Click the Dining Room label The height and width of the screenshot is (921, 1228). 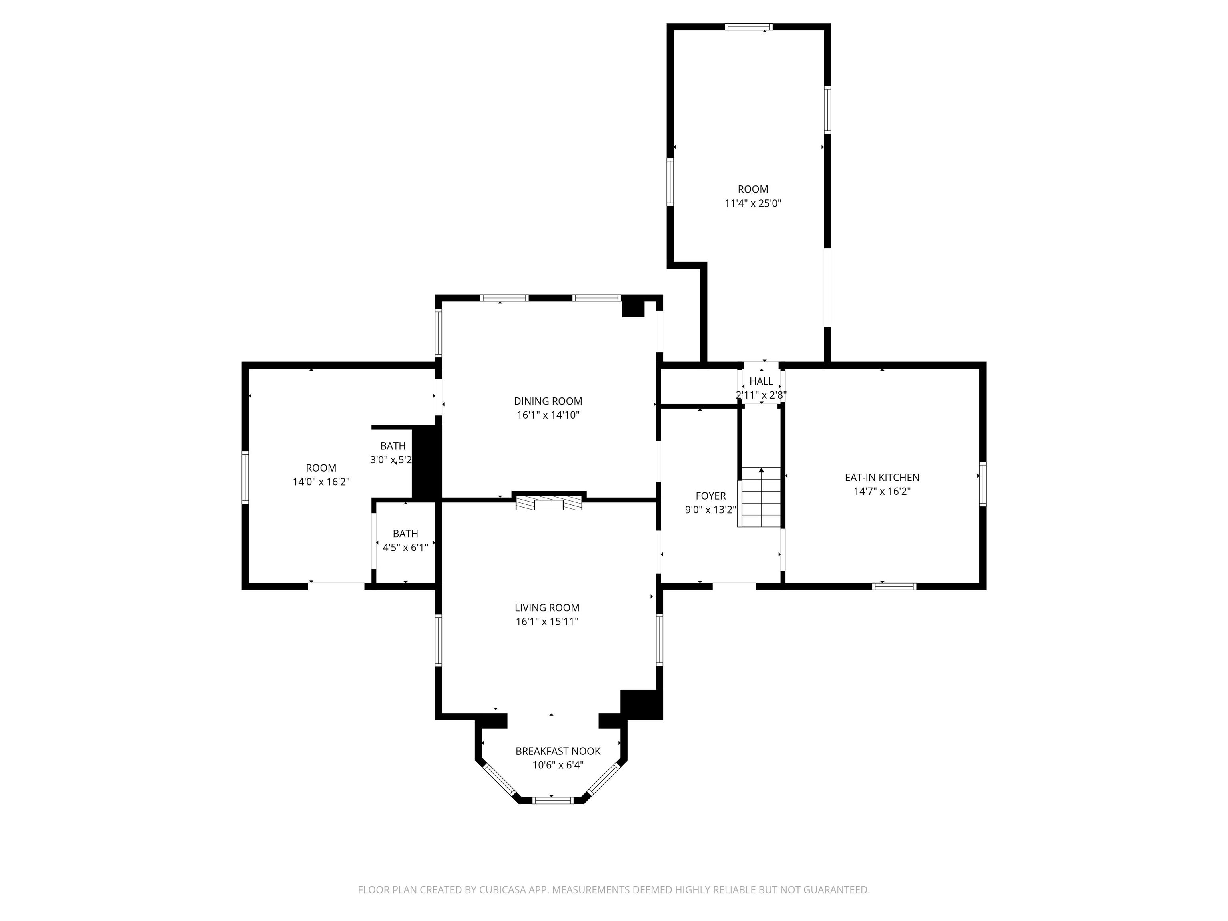pos(548,401)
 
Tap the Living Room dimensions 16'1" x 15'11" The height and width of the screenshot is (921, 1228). pos(547,621)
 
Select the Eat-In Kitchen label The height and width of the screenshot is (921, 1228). pos(882,477)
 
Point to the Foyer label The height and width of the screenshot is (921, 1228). pos(711,496)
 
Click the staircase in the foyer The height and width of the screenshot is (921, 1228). pos(760,497)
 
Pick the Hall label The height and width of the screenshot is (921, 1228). pos(761,381)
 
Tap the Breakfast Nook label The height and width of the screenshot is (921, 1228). pos(558,751)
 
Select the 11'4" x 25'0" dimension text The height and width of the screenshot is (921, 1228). pos(753,203)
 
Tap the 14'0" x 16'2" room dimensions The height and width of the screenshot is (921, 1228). pos(321,482)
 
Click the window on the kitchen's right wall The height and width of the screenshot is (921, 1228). pos(982,484)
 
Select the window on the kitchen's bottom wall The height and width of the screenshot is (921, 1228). pos(894,586)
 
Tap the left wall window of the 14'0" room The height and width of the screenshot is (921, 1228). pos(245,477)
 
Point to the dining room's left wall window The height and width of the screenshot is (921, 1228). pos(438,333)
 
